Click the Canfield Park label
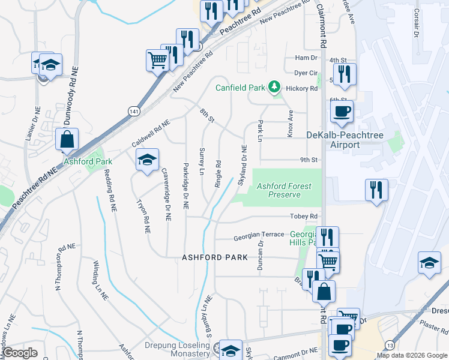240,88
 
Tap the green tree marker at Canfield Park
274,87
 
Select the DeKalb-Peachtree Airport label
341,140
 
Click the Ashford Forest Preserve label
284,190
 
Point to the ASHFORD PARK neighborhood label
215,257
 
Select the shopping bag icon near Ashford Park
67,139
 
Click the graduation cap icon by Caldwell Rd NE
147,160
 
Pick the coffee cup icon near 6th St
342,111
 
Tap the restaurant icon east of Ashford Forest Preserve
377,190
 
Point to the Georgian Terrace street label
259,235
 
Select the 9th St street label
308,160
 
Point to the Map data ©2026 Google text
411,355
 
